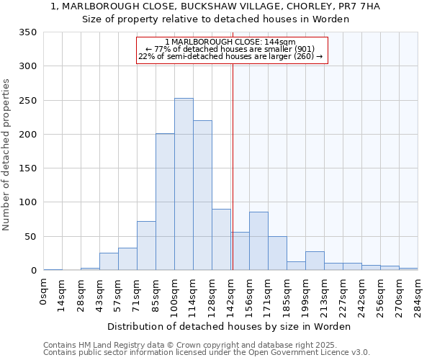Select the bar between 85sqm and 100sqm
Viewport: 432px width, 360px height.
pyautogui.click(x=165, y=202)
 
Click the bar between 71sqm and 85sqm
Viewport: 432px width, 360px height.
pyautogui.click(x=146, y=246)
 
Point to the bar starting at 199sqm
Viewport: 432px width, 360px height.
pyautogui.click(x=315, y=261)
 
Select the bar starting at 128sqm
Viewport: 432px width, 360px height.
pyautogui.click(x=221, y=239)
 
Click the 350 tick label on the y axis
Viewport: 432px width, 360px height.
pyautogui.click(x=28, y=32)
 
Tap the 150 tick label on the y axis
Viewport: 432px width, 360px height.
pyautogui.click(x=28, y=168)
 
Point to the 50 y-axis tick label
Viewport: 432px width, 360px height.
pyautogui.click(x=31, y=237)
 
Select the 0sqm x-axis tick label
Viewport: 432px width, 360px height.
pyautogui.click(x=44, y=292)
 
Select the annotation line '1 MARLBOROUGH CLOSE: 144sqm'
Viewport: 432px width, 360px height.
pyautogui.click(x=230, y=42)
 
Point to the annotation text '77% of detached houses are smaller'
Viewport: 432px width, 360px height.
pyautogui.click(x=230, y=49)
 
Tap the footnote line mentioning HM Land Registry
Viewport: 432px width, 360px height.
pyautogui.click(x=194, y=345)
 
